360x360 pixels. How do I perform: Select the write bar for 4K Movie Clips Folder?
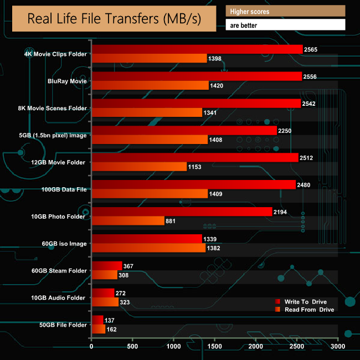pos(197,50)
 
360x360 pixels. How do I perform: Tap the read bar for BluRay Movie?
pos(150,85)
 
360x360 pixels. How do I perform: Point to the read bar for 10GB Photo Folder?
pos(128,221)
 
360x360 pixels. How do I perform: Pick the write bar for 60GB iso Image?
pos(146,239)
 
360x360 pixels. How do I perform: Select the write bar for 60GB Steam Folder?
pos(107,266)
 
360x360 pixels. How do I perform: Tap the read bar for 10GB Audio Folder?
pos(105,302)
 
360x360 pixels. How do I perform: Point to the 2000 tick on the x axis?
pos(256,347)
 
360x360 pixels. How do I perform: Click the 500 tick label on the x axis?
pos(132,347)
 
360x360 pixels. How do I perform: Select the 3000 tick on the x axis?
pos(338,347)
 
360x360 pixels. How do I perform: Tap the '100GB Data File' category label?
pos(64,189)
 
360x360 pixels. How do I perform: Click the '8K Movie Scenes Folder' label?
pos(53,108)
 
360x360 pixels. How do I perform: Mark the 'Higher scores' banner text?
pos(249,11)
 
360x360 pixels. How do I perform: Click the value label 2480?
pos(304,185)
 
